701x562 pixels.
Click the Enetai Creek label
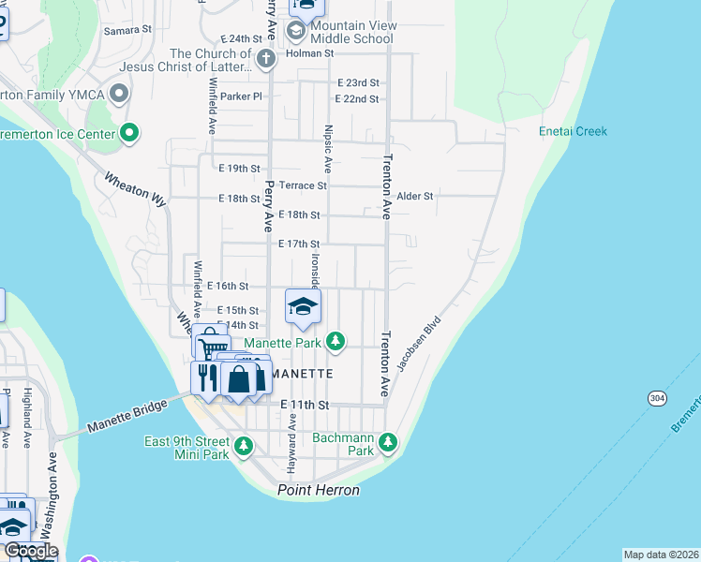[x=573, y=131]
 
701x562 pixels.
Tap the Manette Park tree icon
[x=333, y=342]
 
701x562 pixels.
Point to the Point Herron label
[x=319, y=491]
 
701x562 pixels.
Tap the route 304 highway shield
[x=656, y=398]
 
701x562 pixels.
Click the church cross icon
[x=266, y=60]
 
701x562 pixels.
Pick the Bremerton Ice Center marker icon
[x=128, y=134]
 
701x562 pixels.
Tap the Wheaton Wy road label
[x=135, y=188]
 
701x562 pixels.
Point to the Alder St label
[x=414, y=197]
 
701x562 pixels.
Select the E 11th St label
[x=306, y=405]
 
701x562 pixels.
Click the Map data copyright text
[x=662, y=555]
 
